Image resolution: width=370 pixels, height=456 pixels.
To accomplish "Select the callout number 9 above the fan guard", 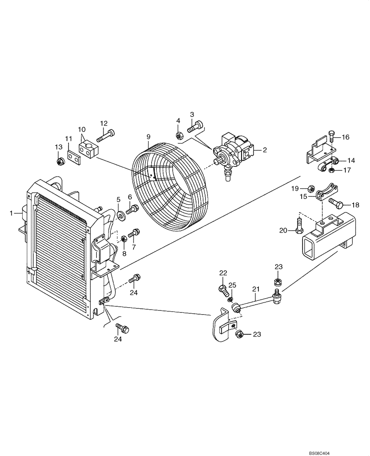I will coord(148,137).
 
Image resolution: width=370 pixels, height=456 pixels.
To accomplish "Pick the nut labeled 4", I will coord(179,135).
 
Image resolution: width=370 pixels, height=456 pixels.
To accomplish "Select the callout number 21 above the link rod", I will coord(256,289).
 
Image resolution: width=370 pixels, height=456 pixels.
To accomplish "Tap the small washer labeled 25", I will coord(231,300).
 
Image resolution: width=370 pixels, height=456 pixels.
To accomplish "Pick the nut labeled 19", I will coord(310,188).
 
